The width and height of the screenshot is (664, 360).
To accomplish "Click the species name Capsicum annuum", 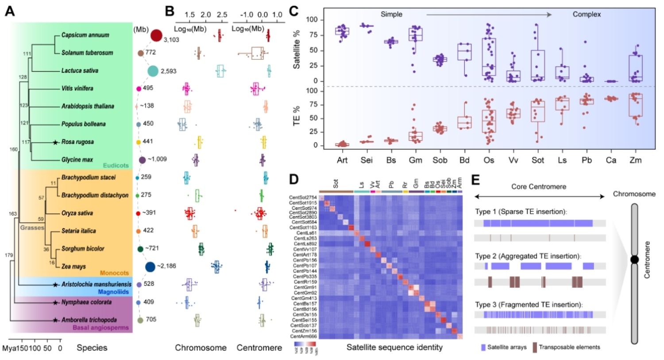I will point(85,35).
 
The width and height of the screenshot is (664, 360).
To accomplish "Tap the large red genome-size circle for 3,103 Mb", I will point(156,35).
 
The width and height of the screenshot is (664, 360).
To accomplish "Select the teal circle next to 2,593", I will point(153,71).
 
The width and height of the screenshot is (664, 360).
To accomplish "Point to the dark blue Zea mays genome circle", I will point(151,266).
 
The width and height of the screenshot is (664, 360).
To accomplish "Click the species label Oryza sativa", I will point(77,213).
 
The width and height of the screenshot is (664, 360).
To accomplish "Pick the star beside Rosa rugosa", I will point(55,142).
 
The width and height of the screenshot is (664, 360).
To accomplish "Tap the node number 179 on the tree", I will point(9,255).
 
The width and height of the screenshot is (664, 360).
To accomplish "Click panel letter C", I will point(293,11).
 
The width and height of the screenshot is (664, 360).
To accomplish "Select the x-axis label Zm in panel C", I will point(635,160).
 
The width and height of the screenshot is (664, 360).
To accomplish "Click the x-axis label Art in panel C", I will point(342,160).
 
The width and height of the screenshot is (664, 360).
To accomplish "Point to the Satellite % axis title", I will point(297,50).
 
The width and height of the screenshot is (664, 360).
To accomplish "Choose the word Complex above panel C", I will point(587,14).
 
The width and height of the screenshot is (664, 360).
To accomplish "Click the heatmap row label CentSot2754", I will point(303,197).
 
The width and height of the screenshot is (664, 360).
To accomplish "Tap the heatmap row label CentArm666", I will point(303,336).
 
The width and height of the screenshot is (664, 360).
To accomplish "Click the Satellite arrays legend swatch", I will point(483,347).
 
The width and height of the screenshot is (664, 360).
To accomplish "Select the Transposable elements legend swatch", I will point(535,347).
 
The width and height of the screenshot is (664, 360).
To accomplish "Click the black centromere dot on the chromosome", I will point(634,259).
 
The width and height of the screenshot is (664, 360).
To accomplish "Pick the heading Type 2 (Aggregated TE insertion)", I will point(528,256).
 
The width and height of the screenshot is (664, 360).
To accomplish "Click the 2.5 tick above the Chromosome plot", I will point(222,15).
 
